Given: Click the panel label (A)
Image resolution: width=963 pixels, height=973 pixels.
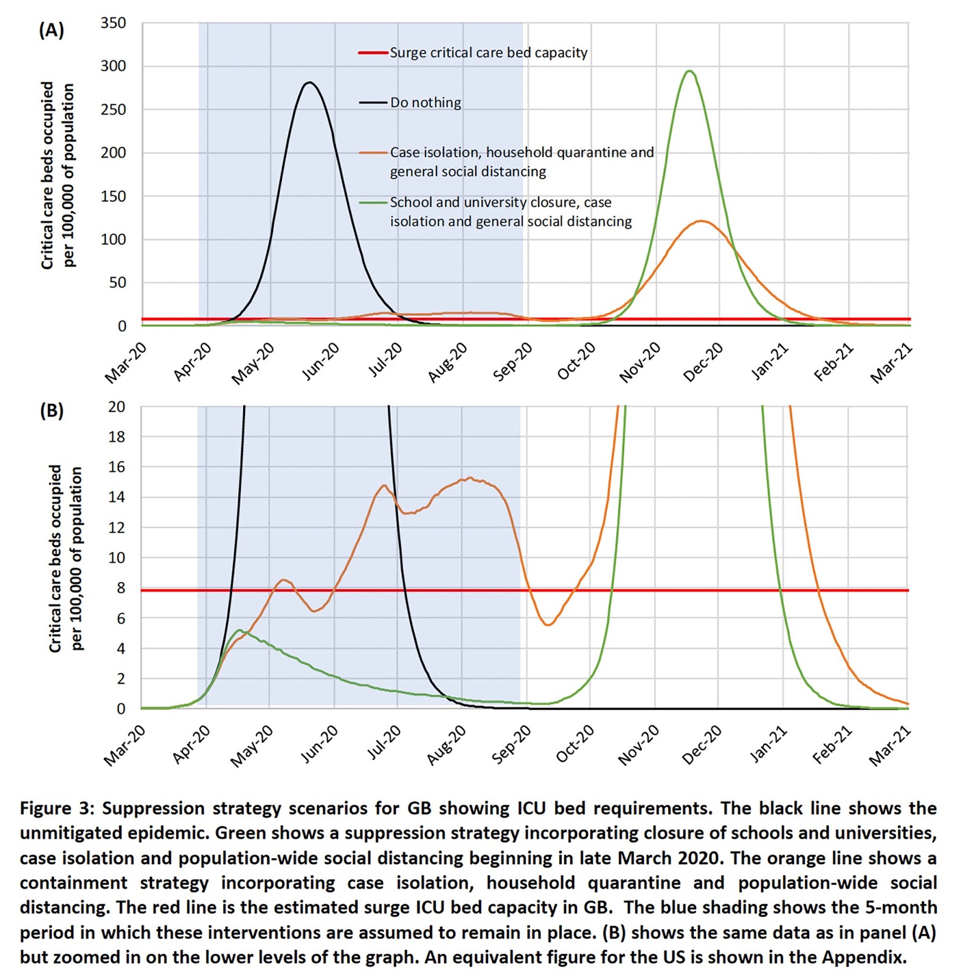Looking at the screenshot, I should [x=51, y=30].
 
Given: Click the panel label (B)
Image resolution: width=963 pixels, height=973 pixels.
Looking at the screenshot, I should [x=51, y=410].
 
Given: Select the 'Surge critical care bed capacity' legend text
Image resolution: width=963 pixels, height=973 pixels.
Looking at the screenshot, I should [x=488, y=53].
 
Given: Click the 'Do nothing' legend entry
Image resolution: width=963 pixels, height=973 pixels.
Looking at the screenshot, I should [x=425, y=103].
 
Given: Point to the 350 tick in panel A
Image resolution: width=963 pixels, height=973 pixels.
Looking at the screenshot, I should [x=113, y=23].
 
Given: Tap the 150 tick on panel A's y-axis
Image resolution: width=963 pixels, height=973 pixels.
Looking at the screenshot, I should [x=113, y=196].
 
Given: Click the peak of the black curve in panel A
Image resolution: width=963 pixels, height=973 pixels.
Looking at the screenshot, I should [x=310, y=83].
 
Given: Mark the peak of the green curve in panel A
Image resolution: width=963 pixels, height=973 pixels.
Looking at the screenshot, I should [x=689, y=71].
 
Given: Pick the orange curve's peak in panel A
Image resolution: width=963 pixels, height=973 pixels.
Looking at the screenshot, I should [x=702, y=221].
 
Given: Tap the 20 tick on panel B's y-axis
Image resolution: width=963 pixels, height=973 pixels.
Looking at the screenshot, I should [x=117, y=407].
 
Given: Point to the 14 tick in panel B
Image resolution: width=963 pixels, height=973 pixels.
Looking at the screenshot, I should [x=117, y=497].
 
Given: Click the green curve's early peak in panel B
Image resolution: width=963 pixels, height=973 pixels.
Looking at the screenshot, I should [x=240, y=630].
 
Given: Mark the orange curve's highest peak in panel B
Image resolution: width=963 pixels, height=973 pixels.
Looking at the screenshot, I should [x=469, y=478].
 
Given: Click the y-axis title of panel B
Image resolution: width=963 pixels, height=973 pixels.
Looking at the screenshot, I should [x=65, y=558].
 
